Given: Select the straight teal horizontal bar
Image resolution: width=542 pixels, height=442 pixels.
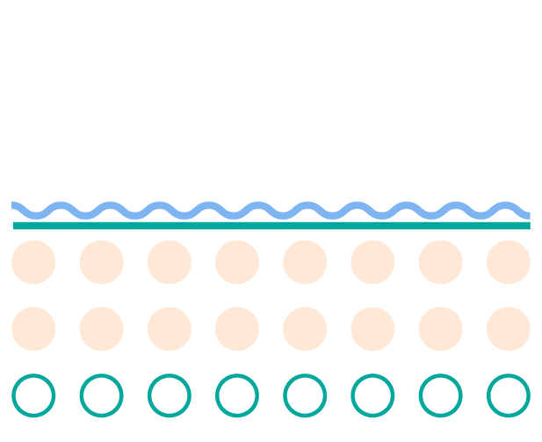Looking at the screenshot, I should pos(271,225).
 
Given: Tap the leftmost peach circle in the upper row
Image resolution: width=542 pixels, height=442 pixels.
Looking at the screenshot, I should pos(33,262).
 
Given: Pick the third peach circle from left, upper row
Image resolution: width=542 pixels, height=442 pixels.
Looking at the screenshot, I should pos(170,262).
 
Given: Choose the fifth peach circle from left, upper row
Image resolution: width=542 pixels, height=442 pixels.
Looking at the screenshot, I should pos(305,262).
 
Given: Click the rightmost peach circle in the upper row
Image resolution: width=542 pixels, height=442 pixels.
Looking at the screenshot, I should pos(509,262).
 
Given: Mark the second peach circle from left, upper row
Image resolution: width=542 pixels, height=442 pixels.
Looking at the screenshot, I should pos(101,262).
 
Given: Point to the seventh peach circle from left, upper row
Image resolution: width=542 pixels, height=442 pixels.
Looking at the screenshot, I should pos(440,262).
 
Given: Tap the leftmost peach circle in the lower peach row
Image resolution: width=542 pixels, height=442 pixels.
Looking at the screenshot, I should pos(33,329).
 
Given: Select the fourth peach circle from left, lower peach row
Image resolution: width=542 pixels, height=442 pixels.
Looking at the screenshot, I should pos(237,329).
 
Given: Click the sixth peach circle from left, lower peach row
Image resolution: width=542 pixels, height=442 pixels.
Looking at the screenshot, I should pos(372,329).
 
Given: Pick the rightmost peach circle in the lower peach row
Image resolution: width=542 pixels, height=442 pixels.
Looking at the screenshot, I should pos(509,329).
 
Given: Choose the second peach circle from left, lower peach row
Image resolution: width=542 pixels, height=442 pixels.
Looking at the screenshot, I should pos(101,329).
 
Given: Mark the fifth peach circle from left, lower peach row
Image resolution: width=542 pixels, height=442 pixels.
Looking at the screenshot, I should pos(305,329).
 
